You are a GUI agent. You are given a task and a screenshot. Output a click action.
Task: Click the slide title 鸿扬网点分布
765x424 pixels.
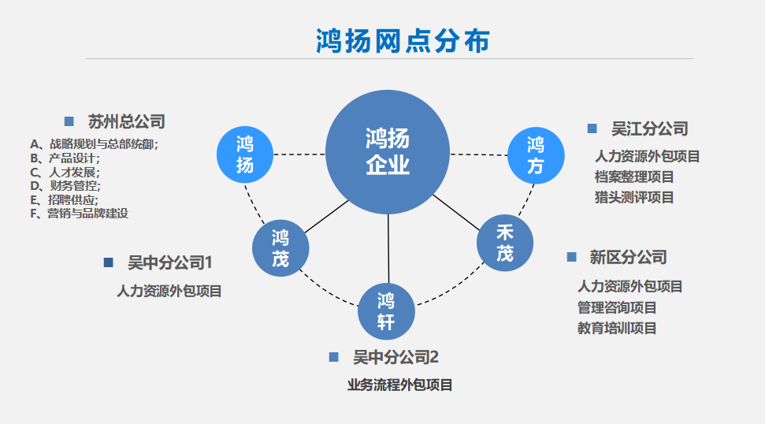click(x=402, y=41)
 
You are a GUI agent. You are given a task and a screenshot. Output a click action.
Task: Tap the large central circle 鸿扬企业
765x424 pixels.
click(x=388, y=152)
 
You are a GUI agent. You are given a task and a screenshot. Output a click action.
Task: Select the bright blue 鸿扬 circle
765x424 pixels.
click(x=245, y=154)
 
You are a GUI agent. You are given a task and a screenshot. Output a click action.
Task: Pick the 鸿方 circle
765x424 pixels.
click(x=536, y=155)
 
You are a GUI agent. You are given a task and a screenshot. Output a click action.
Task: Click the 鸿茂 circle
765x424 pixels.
click(x=280, y=247)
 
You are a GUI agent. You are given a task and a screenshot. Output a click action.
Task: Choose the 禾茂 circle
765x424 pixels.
click(x=505, y=244)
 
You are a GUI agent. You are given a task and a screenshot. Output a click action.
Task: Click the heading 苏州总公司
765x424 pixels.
click(x=127, y=122)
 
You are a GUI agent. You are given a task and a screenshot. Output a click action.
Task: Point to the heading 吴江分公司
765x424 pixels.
click(x=650, y=128)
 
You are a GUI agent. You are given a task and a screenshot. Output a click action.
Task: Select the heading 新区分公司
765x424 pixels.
click(x=628, y=257)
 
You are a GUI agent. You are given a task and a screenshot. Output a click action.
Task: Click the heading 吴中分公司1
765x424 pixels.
click(x=170, y=262)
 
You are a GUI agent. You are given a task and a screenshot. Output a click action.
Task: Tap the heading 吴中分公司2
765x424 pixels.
click(x=395, y=358)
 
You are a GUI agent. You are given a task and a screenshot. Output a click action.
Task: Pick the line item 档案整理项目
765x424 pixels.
click(x=634, y=177)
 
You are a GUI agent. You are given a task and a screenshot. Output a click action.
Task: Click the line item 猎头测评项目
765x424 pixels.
click(x=634, y=197)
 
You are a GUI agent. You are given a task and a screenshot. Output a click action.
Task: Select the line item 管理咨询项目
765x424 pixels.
click(x=617, y=307)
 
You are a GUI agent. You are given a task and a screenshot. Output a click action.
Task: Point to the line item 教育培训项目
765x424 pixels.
click(x=617, y=328)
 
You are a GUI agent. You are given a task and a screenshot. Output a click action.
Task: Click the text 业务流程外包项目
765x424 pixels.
click(x=400, y=385)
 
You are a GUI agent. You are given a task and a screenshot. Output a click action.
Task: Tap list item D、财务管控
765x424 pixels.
click(x=66, y=186)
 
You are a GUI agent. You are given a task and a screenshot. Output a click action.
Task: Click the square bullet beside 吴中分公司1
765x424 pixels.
click(x=109, y=262)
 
